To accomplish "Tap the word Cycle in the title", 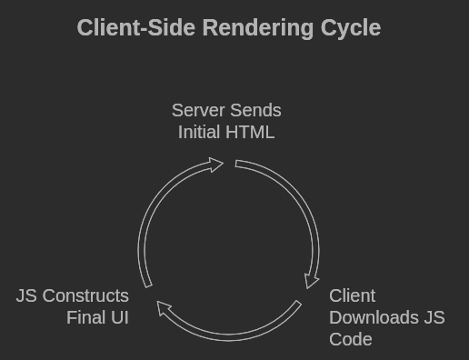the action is click(x=351, y=28).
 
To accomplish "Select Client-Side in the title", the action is click(x=136, y=28).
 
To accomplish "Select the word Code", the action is click(x=351, y=339).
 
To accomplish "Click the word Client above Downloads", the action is click(x=353, y=295).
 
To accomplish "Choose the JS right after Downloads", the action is click(x=434, y=317).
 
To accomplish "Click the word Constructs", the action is click(x=86, y=295).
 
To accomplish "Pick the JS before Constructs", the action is click(x=27, y=295).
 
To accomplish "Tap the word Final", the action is click(x=86, y=317).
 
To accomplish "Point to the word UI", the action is click(x=119, y=317).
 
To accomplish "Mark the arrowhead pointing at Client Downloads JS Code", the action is click(x=312, y=280).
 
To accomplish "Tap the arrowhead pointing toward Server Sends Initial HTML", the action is click(x=216, y=165).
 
